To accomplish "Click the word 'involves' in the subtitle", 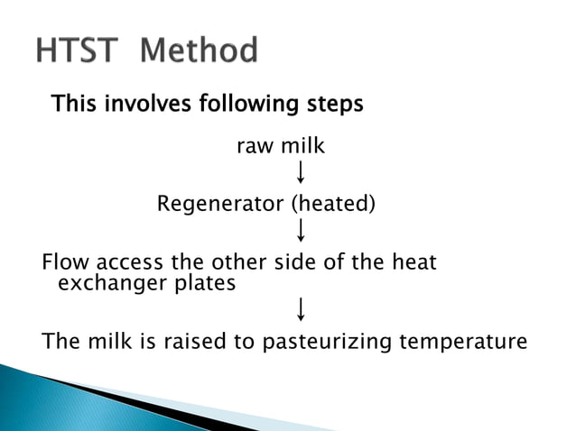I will point(138,104).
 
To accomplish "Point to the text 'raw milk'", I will point(280,145).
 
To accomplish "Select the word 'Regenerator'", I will point(220,204).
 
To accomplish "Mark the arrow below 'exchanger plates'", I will point(300,310).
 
